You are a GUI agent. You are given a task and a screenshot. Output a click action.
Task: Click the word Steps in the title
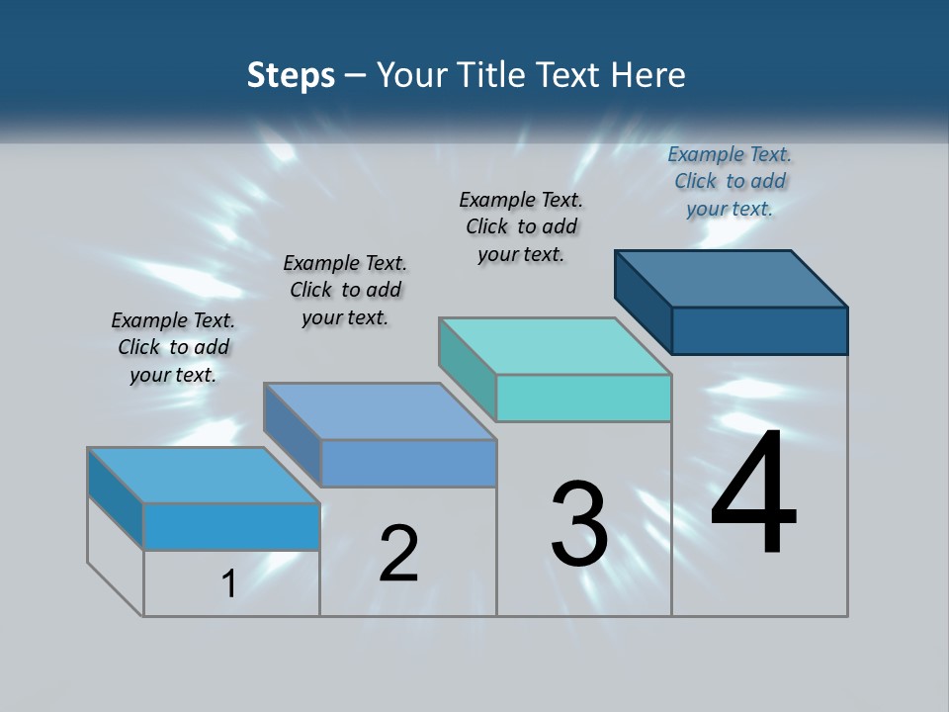point(291,75)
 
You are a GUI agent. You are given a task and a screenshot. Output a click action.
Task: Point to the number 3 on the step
point(579,523)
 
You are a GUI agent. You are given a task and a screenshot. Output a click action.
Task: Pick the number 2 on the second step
point(398,553)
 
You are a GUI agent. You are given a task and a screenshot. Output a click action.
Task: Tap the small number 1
point(228,583)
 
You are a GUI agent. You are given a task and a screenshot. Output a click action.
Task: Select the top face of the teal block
point(554,346)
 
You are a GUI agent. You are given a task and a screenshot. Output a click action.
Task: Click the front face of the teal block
point(583,399)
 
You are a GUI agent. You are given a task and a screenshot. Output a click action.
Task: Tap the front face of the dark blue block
point(759,330)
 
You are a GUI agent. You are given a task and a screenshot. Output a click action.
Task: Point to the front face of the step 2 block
point(408,464)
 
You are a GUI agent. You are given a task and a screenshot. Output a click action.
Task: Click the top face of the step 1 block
point(203,476)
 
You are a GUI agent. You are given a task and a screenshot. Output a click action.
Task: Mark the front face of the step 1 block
point(231,526)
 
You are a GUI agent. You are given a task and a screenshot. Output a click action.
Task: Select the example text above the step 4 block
point(730,181)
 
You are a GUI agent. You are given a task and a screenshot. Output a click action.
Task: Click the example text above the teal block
point(521,226)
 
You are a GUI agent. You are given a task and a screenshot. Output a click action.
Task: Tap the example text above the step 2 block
point(345,290)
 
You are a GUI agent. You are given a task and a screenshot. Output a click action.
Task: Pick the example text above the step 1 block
point(173,347)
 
